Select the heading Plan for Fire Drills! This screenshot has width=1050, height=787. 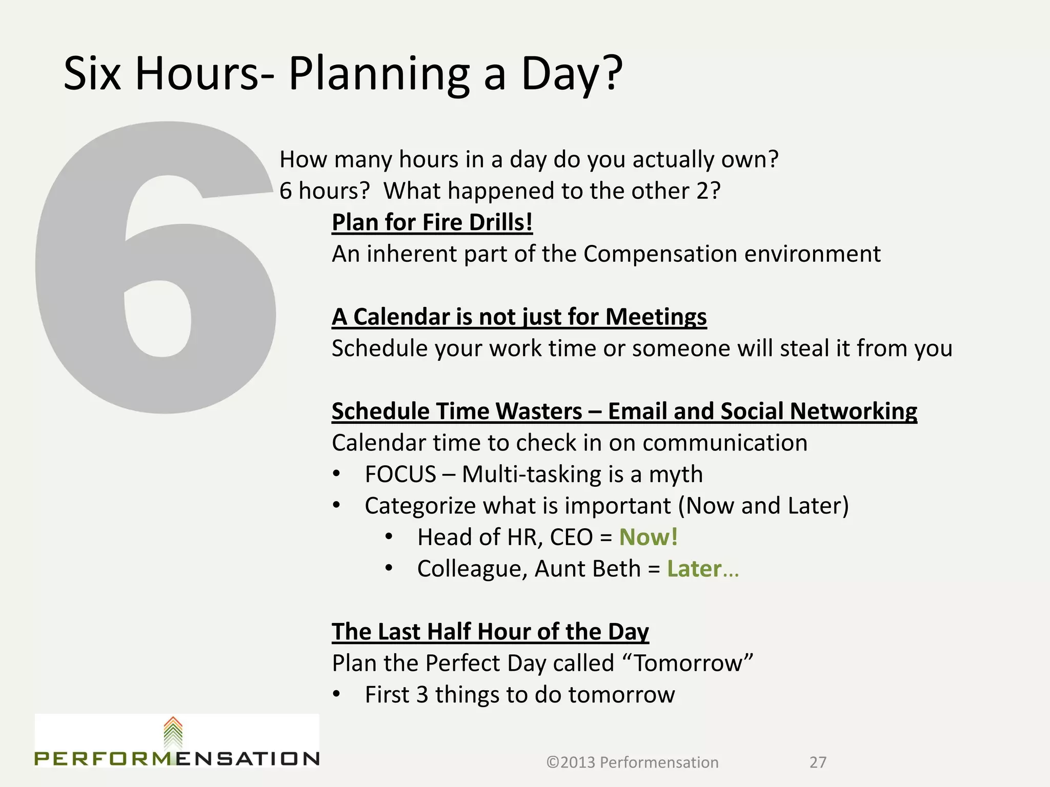tap(432, 223)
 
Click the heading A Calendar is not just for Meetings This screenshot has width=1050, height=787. tap(519, 317)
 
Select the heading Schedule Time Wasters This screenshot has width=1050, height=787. tap(456, 411)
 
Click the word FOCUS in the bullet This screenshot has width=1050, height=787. tap(400, 474)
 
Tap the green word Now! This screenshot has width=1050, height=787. tap(649, 537)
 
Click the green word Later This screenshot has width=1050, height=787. tap(694, 569)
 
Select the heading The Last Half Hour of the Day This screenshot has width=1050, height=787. tap(490, 632)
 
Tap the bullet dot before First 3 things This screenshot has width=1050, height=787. tap(336, 695)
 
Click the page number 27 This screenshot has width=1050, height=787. tap(818, 762)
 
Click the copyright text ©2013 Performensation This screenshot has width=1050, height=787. tap(632, 762)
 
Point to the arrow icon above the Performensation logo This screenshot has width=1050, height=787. tap(173, 733)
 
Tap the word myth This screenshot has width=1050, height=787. tap(676, 474)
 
